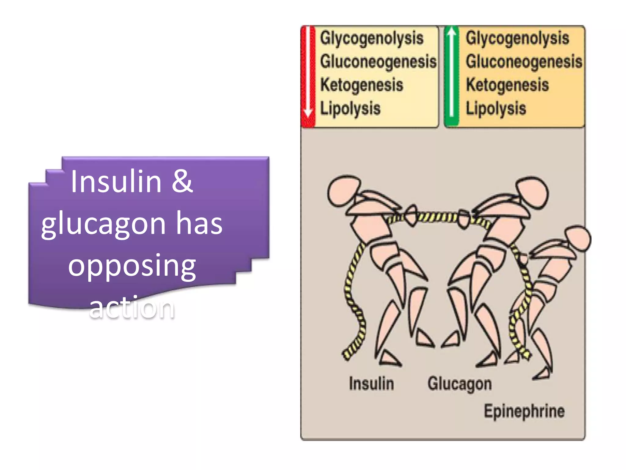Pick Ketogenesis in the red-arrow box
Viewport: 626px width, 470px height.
pyautogui.click(x=362, y=85)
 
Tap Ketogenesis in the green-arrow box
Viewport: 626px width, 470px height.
pyautogui.click(x=507, y=85)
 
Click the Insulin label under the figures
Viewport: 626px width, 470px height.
pyautogui.click(x=371, y=384)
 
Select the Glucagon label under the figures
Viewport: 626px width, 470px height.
pyautogui.click(x=460, y=384)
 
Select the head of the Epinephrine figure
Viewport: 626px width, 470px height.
pyautogui.click(x=578, y=239)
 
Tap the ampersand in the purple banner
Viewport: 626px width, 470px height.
pyautogui.click(x=182, y=181)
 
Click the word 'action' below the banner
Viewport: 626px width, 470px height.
pyautogui.click(x=132, y=307)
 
